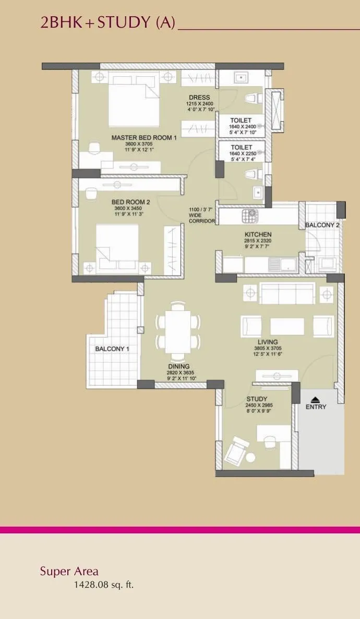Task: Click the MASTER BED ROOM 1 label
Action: [x=144, y=138]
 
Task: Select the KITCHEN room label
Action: [x=258, y=234]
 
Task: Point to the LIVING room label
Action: [x=267, y=342]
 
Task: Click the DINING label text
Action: [x=178, y=366]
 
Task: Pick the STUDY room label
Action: [x=257, y=400]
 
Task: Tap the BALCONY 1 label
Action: [x=112, y=349]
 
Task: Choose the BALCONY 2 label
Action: [x=322, y=225]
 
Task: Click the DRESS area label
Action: [x=199, y=98]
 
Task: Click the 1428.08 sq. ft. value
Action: [x=103, y=585]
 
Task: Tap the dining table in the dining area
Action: [x=178, y=332]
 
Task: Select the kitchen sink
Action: [x=286, y=265]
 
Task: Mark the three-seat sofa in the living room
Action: [x=287, y=293]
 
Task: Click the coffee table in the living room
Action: [x=287, y=327]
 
